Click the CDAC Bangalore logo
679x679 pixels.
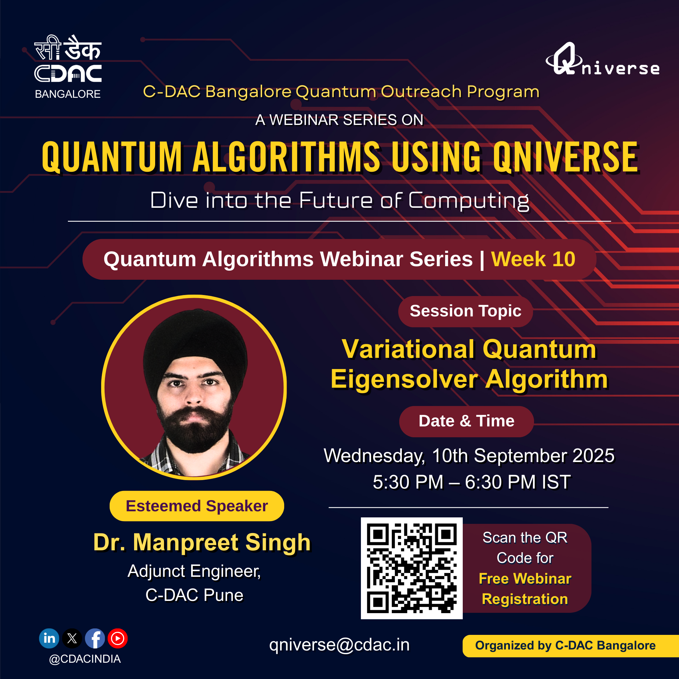pyautogui.click(x=68, y=67)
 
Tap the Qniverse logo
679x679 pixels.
pyautogui.click(x=602, y=59)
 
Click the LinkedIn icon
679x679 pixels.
pyautogui.click(x=49, y=638)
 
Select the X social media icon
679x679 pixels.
pyautogui.click(x=72, y=638)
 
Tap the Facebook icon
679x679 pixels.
pyautogui.click(x=95, y=638)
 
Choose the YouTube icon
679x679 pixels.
pyautogui.click(x=118, y=638)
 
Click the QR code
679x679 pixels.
pyautogui.click(x=411, y=568)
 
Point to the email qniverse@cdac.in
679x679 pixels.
pyautogui.click(x=339, y=645)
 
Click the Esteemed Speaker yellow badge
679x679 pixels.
pyautogui.click(x=197, y=506)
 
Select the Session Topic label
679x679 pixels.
pyautogui.click(x=466, y=311)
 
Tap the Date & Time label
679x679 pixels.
pyautogui.click(x=466, y=421)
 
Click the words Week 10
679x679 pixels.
pyautogui.click(x=533, y=259)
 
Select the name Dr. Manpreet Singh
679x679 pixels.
pyautogui.click(x=202, y=542)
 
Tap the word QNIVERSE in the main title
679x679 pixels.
pyautogui.click(x=566, y=157)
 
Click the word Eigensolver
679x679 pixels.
pyautogui.click(x=404, y=380)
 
